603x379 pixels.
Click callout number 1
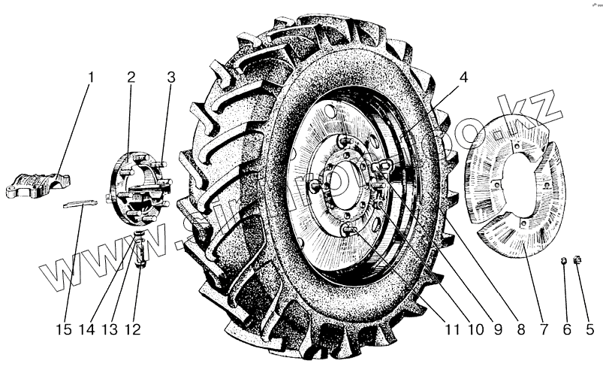click(91, 77)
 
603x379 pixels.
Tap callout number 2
click(131, 77)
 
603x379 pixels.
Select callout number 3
click(171, 77)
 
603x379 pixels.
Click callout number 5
click(589, 329)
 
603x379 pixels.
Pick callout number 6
click(567, 329)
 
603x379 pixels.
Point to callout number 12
click(135, 329)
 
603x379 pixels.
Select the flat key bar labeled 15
click(79, 203)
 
